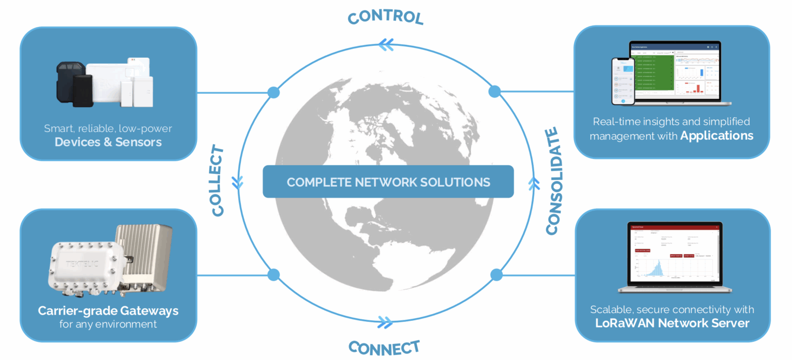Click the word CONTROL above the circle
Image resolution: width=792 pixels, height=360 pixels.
385,17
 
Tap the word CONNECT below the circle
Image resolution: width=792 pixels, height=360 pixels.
384,347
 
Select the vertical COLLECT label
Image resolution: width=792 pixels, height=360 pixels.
218,181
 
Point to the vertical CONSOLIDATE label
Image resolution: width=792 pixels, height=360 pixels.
552,181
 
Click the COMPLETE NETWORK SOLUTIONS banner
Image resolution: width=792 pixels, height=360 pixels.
388,182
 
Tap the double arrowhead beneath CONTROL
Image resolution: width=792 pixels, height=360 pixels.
386,45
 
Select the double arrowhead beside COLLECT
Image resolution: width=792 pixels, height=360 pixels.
237,182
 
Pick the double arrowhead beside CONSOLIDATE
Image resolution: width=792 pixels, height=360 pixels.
534,182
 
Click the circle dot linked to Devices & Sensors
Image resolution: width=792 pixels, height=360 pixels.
274,93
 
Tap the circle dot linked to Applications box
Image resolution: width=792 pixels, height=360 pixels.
494,92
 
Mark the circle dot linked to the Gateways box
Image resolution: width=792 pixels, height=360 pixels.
274,274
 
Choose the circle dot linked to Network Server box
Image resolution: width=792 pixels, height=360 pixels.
497,275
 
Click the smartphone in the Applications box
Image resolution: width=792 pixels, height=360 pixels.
623,81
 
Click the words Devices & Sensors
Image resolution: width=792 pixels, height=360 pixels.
108,142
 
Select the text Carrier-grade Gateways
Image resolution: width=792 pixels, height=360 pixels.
108,311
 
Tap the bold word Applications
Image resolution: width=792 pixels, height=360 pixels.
717,136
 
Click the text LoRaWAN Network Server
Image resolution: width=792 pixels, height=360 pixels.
672,323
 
